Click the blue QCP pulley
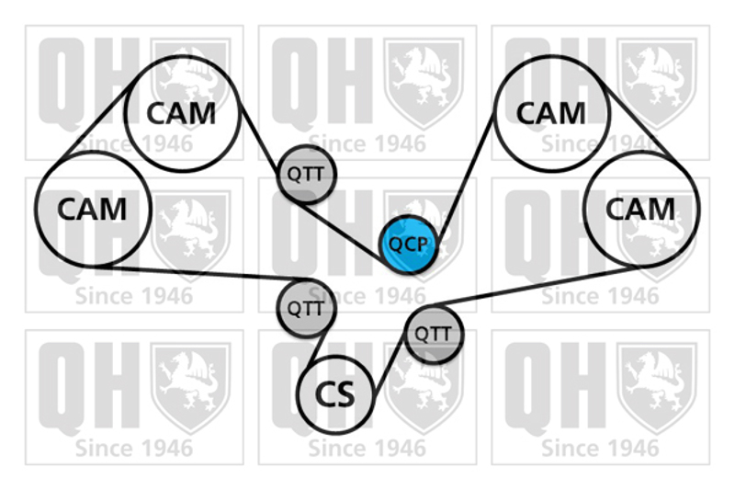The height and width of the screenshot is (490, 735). click(x=409, y=245)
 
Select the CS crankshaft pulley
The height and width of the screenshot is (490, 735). click(x=337, y=395)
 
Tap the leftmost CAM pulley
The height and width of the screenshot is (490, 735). click(x=91, y=210)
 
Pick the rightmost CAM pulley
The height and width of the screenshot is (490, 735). click(x=640, y=210)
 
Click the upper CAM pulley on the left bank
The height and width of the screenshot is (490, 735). click(x=182, y=113)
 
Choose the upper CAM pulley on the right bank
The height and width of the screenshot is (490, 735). click(x=550, y=113)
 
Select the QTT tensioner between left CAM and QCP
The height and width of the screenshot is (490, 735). click(x=306, y=173)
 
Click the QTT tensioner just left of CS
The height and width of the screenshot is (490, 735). click(x=306, y=308)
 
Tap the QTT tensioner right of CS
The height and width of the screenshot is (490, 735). click(x=433, y=334)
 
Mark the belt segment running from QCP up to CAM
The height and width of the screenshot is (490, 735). click(x=465, y=175)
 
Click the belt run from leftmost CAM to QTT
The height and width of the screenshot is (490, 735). click(x=202, y=273)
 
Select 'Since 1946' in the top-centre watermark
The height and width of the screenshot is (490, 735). click(x=367, y=143)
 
